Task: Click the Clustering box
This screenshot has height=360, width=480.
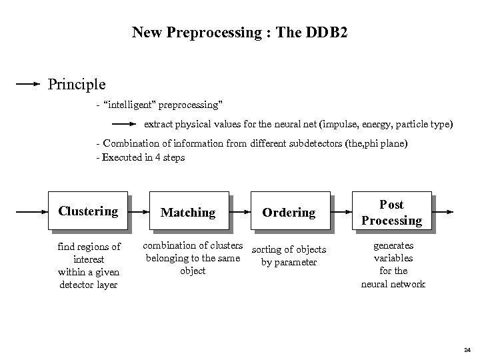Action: coord(88,212)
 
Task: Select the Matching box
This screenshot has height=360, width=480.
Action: coord(188,212)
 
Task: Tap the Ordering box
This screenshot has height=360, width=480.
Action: coord(289,212)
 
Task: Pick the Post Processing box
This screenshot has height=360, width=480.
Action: coord(391,212)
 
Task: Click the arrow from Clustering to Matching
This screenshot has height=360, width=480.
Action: coord(140,212)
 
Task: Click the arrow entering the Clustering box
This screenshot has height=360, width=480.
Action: coord(32,212)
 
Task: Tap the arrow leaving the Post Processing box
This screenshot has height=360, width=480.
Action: coord(444,212)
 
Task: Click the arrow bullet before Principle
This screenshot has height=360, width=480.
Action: coord(28,85)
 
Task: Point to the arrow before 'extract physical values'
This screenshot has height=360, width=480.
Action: coord(125,124)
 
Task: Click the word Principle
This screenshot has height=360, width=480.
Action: coord(76,85)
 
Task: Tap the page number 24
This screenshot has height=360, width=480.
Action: coord(467,350)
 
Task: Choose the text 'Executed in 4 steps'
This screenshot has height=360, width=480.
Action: coord(143,158)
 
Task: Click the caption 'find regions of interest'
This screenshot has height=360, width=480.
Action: coord(89,253)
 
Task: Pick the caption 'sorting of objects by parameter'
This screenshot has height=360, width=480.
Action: coord(289,256)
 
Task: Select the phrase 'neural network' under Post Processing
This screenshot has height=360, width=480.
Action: coord(393,284)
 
